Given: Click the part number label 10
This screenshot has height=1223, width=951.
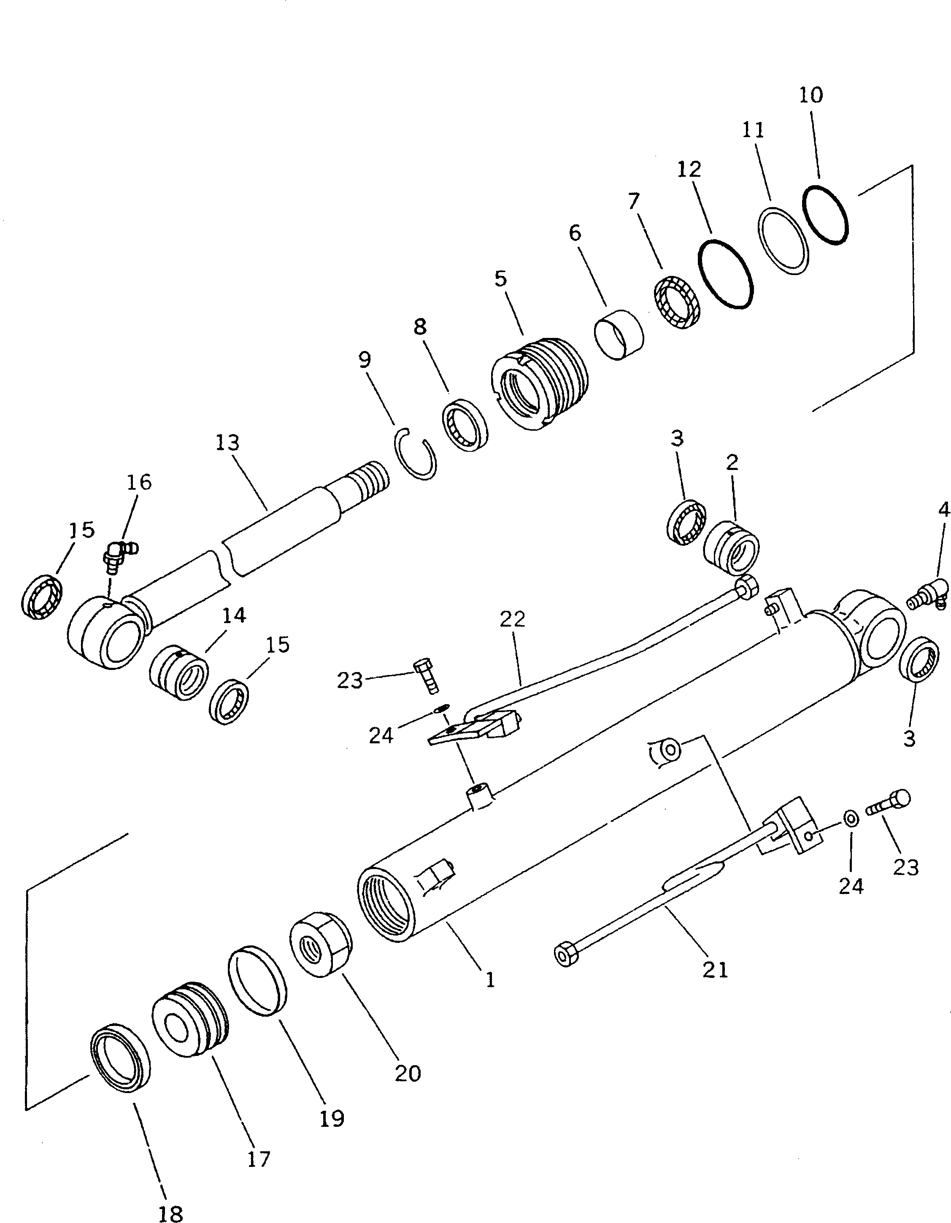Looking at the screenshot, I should point(811,95).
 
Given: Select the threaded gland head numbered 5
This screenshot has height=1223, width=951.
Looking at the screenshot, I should point(539,383).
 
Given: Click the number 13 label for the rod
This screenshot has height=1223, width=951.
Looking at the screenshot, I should point(228,443).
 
